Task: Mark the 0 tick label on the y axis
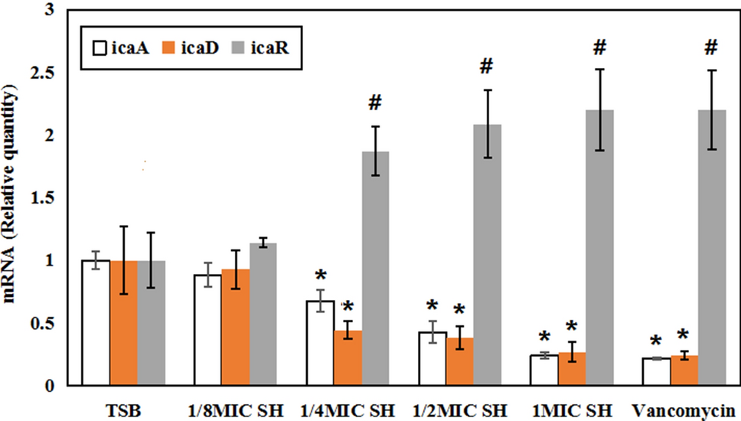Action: click(x=51, y=386)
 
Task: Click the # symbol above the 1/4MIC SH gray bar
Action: click(x=374, y=103)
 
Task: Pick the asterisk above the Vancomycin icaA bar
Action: click(x=656, y=341)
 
